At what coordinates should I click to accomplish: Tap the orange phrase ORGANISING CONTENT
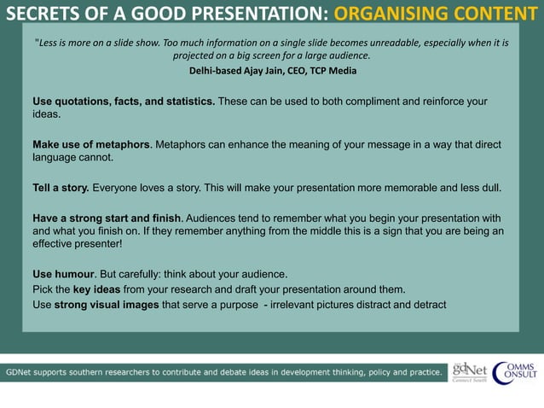[x=430, y=15]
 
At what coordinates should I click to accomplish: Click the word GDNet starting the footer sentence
[x=23, y=372]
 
